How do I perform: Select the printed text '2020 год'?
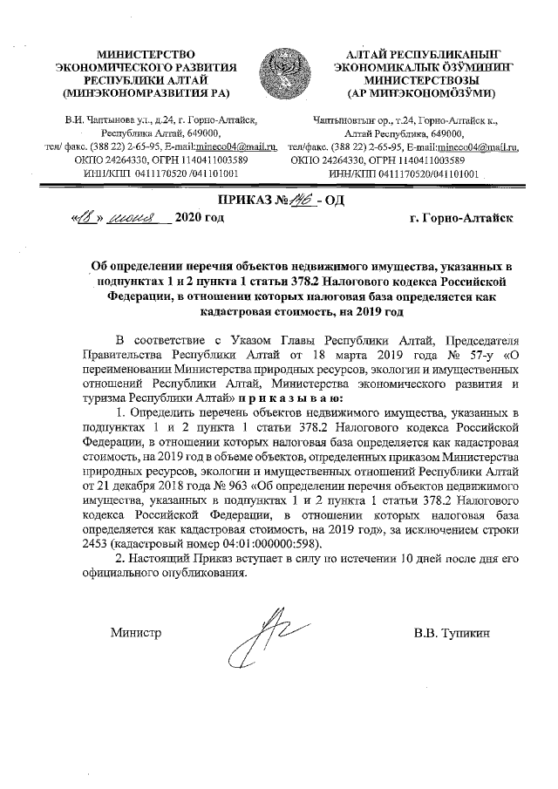pos(200,217)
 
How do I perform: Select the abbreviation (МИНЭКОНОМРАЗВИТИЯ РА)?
pos(146,91)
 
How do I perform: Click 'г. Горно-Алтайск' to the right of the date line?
pos(460,217)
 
